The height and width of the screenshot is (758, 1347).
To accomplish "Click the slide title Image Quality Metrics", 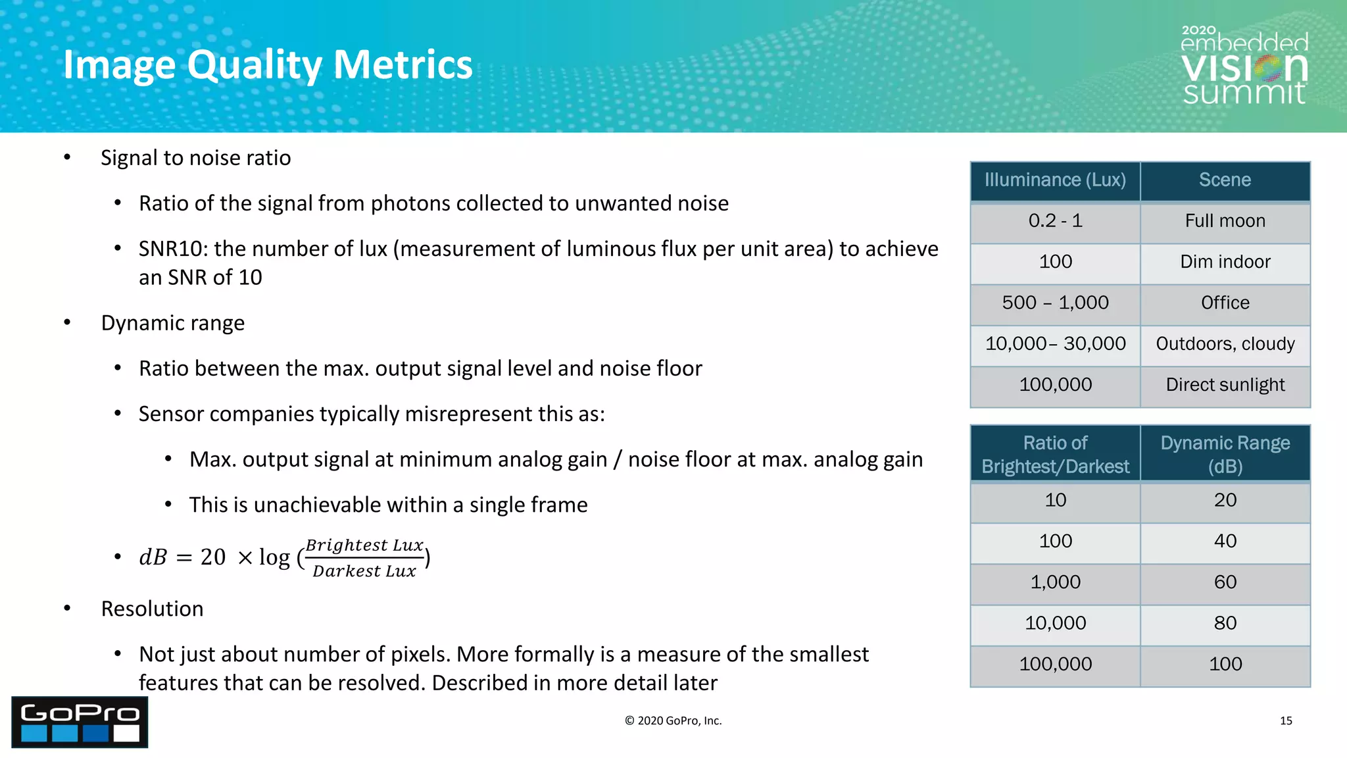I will click(x=268, y=64).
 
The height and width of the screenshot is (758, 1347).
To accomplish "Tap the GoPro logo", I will click(x=80, y=722).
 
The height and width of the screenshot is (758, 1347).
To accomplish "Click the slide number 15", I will click(x=1286, y=720).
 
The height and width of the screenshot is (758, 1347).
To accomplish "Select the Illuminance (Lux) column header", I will click(x=1055, y=180).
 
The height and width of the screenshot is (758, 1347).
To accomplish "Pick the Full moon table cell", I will click(x=1225, y=221).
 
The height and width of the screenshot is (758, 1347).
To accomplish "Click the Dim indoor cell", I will click(x=1225, y=262).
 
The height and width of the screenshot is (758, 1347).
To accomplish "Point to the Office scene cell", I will click(x=1225, y=303).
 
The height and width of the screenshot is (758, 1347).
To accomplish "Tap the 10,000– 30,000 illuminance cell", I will click(x=1055, y=343).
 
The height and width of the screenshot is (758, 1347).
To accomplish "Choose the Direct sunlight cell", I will click(x=1225, y=385).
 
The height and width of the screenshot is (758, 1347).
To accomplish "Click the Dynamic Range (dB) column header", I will click(x=1225, y=454).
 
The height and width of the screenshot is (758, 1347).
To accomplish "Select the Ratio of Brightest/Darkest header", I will click(x=1055, y=454).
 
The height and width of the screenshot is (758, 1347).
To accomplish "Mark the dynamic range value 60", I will click(x=1225, y=582).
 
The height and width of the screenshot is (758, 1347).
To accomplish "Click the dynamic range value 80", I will click(x=1225, y=623).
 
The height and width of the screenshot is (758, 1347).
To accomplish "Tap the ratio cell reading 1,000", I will click(x=1055, y=582).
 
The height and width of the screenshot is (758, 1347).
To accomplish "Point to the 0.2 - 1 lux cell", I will click(x=1055, y=221).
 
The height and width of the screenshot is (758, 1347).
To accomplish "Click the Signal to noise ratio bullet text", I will click(x=195, y=158).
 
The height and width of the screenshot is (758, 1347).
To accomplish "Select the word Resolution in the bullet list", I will click(x=152, y=609).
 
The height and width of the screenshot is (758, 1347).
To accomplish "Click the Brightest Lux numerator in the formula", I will click(x=364, y=545).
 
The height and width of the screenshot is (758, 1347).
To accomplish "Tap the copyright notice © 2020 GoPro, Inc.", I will click(x=673, y=720).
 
